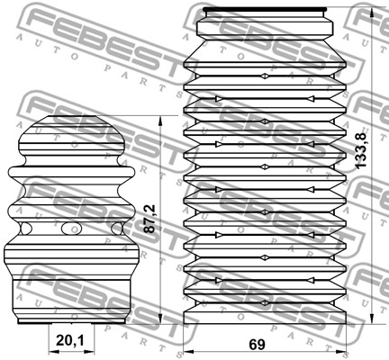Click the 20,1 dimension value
pyautogui.click(x=70, y=340)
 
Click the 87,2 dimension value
pyautogui.click(x=149, y=219)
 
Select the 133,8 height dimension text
pyautogui.click(x=360, y=150)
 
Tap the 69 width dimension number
pyautogui.click(x=257, y=345)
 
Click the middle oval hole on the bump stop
pyautogui.click(x=71, y=229)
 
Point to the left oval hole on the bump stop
pyautogui.click(x=25, y=229)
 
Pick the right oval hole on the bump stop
pyautogui.click(x=117, y=229)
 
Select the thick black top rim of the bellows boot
pyautogui.click(x=265, y=9)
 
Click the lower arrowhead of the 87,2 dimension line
pyautogui.click(x=160, y=318)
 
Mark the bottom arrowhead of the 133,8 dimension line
pyautogui.click(x=372, y=318)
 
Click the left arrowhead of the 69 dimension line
pyautogui.click(x=188, y=352)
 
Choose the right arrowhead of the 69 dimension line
pyautogui.click(x=341, y=352)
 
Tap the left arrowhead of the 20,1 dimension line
pyautogui.click(x=54, y=352)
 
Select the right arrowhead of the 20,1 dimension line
pyautogui.click(x=88, y=352)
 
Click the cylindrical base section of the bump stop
pyautogui.click(x=71, y=300)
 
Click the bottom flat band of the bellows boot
pyautogui.click(x=265, y=318)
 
